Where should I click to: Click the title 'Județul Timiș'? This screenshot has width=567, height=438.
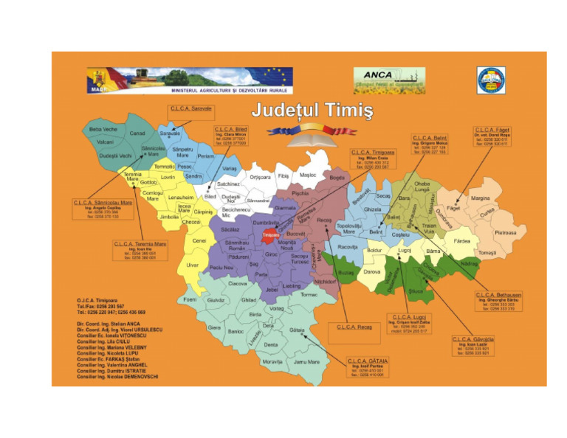312,111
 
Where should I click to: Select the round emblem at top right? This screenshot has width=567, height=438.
490,80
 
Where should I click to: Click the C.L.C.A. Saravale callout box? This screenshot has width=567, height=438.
191,108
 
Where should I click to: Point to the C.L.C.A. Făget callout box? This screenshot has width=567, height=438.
492,136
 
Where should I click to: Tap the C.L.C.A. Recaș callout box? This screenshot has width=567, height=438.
354,326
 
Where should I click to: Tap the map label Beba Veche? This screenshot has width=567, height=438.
103,129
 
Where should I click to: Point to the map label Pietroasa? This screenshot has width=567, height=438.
506,232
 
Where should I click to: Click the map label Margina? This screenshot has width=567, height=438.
481,198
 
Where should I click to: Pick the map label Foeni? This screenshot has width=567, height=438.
190,299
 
